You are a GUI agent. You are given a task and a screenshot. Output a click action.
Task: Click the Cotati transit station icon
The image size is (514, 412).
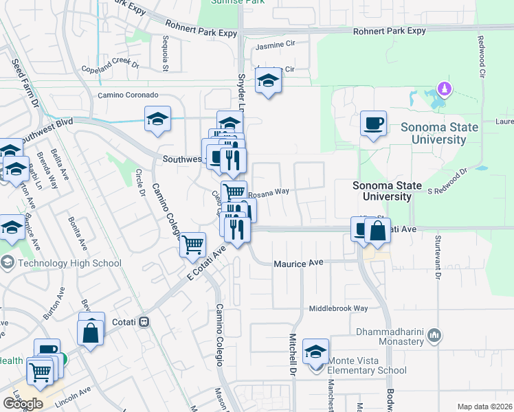point(144,321)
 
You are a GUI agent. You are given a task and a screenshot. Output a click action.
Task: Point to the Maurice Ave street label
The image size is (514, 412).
point(298,263)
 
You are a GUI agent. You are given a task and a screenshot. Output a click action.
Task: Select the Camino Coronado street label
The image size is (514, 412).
point(128,95)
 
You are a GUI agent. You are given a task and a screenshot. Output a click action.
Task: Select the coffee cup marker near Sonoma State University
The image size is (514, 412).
point(373,124)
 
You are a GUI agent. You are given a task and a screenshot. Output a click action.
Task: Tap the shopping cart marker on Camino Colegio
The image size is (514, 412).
point(193,244)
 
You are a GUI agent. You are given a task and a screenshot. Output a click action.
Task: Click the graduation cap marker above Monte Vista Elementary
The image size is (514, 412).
point(315,352)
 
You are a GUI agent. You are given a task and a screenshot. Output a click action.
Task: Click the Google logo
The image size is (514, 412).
point(23,404)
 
